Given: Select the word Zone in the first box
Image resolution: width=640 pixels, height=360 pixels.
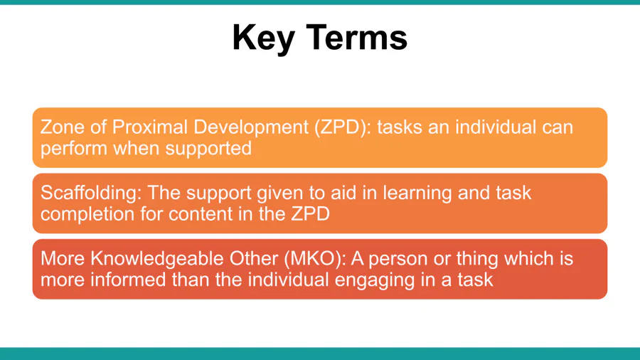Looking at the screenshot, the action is [x=63, y=127].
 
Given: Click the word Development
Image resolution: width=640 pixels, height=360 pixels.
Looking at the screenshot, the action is [x=251, y=127].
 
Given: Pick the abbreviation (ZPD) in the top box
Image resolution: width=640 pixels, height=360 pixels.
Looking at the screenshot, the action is [x=343, y=127].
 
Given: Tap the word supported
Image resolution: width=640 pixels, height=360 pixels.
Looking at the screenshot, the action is [x=208, y=149].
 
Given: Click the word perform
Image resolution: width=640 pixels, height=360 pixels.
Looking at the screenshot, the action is [x=74, y=149].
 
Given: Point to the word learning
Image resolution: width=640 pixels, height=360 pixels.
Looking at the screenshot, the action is [x=417, y=193].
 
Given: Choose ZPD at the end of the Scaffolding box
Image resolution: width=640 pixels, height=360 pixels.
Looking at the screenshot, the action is [x=310, y=214].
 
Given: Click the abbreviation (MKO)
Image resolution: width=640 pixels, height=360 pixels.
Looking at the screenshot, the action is [x=315, y=259].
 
